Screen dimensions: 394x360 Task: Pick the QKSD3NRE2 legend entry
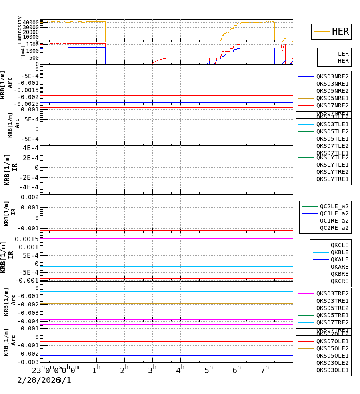(x=332, y=76)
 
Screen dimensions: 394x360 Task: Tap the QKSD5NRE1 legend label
(x=332, y=98)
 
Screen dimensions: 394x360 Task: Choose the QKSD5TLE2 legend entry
(x=332, y=131)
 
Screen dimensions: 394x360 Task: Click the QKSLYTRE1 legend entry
(x=332, y=179)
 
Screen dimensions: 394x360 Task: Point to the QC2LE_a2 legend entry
(x=334, y=206)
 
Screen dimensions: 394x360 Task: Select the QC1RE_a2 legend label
(x=334, y=221)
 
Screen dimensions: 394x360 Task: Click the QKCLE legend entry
(x=339, y=245)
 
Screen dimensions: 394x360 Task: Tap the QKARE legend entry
(x=339, y=267)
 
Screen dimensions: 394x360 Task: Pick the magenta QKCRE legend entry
(x=339, y=281)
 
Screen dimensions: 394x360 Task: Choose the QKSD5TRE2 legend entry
(x=332, y=308)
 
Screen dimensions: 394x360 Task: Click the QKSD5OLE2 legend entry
(x=332, y=348)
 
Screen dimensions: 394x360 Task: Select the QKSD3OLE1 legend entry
(x=332, y=370)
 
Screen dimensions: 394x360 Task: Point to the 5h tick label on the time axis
(x=208, y=369)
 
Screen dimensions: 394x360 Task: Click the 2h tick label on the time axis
(x=124, y=369)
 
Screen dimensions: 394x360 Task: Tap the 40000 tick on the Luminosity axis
(x=31, y=22)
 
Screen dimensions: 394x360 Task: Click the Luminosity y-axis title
(x=20, y=30)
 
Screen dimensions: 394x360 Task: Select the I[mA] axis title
(x=23, y=52)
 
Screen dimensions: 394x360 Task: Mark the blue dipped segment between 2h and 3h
(x=141, y=218)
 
